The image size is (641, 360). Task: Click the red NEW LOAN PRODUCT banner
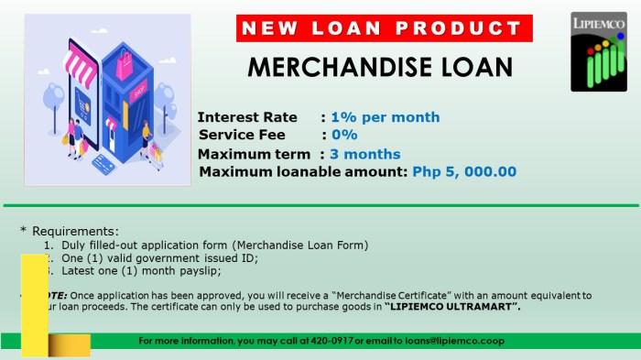pos(386,28)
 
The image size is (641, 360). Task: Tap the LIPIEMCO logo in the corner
pos(599,51)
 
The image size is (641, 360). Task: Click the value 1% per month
pos(385,117)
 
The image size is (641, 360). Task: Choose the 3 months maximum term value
pos(365,154)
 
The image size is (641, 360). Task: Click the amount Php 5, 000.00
pos(464,171)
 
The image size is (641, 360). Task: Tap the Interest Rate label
pos(247,117)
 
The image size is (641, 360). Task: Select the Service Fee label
pos(242,135)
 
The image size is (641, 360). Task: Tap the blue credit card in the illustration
pos(102,166)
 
